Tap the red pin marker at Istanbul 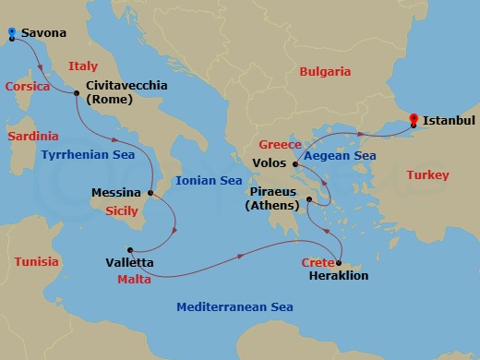[414, 119]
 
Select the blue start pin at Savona [11, 34]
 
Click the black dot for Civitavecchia [77, 91]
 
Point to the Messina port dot [150, 193]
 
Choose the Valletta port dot [130, 249]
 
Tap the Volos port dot [294, 165]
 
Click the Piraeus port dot [310, 198]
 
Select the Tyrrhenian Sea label [88, 155]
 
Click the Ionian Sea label [209, 181]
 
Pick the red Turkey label [427, 175]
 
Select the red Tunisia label [36, 262]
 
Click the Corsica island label [27, 87]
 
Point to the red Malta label [134, 278]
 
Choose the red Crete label [317, 263]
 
